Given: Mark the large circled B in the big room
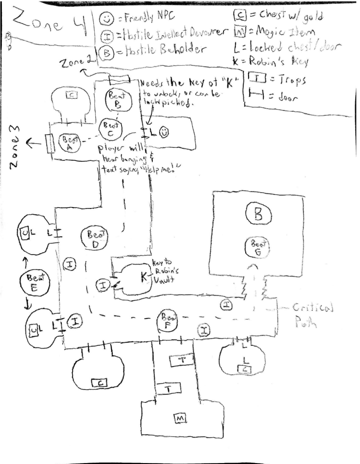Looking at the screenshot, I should (x=258, y=215).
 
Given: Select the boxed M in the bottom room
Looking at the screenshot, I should (x=180, y=419).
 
